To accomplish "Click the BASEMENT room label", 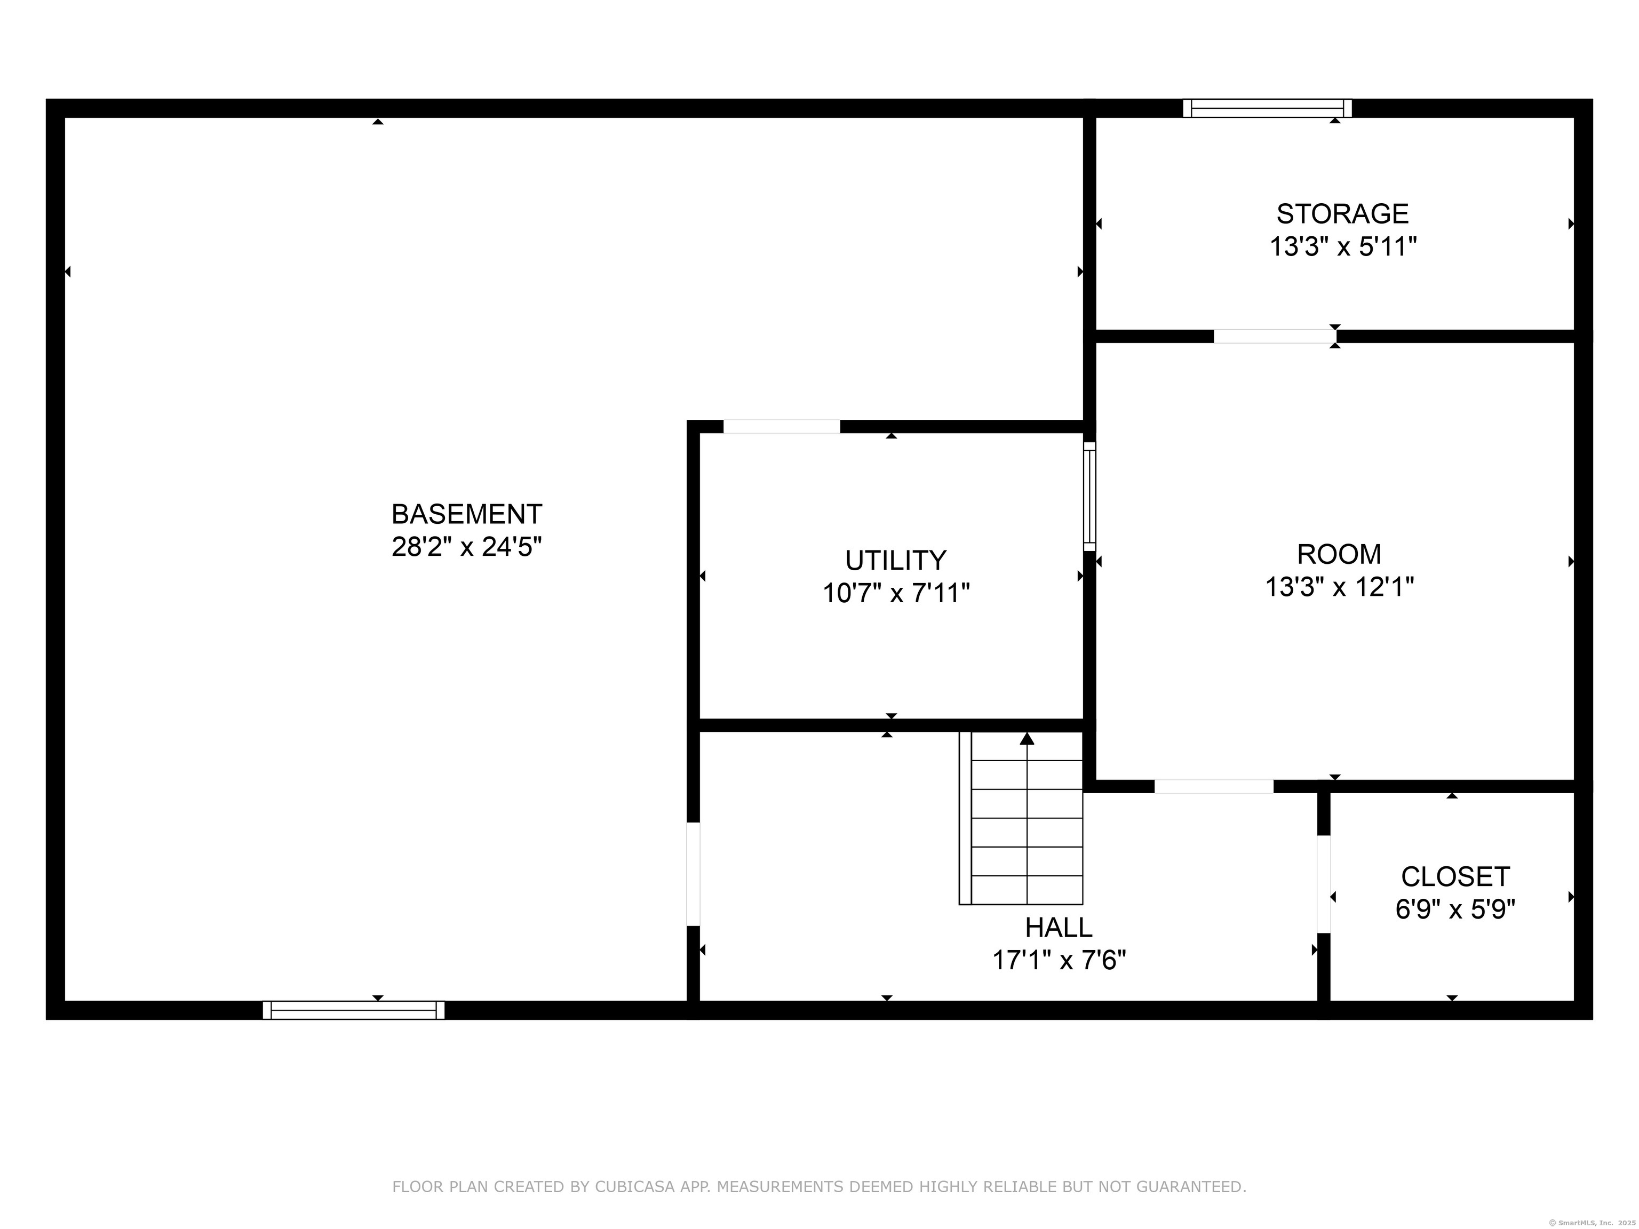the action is point(467,513).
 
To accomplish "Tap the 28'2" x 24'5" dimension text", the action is point(467,547).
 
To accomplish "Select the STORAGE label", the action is point(1342,213).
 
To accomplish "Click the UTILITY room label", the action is point(896,560).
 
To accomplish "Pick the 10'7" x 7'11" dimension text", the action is point(896,593).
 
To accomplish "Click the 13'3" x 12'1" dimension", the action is point(1340,587).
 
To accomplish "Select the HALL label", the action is point(1059,928).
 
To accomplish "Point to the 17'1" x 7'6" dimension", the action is point(1060,960).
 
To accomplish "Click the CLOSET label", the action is point(1455,876).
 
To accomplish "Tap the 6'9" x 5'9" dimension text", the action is point(1455,909).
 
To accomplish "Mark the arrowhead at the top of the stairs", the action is point(1027,738).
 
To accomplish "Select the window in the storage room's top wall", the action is point(1268,108).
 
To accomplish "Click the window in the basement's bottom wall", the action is point(353,1010).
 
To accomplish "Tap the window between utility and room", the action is point(1089,496).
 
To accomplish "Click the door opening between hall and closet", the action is point(1323,884).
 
